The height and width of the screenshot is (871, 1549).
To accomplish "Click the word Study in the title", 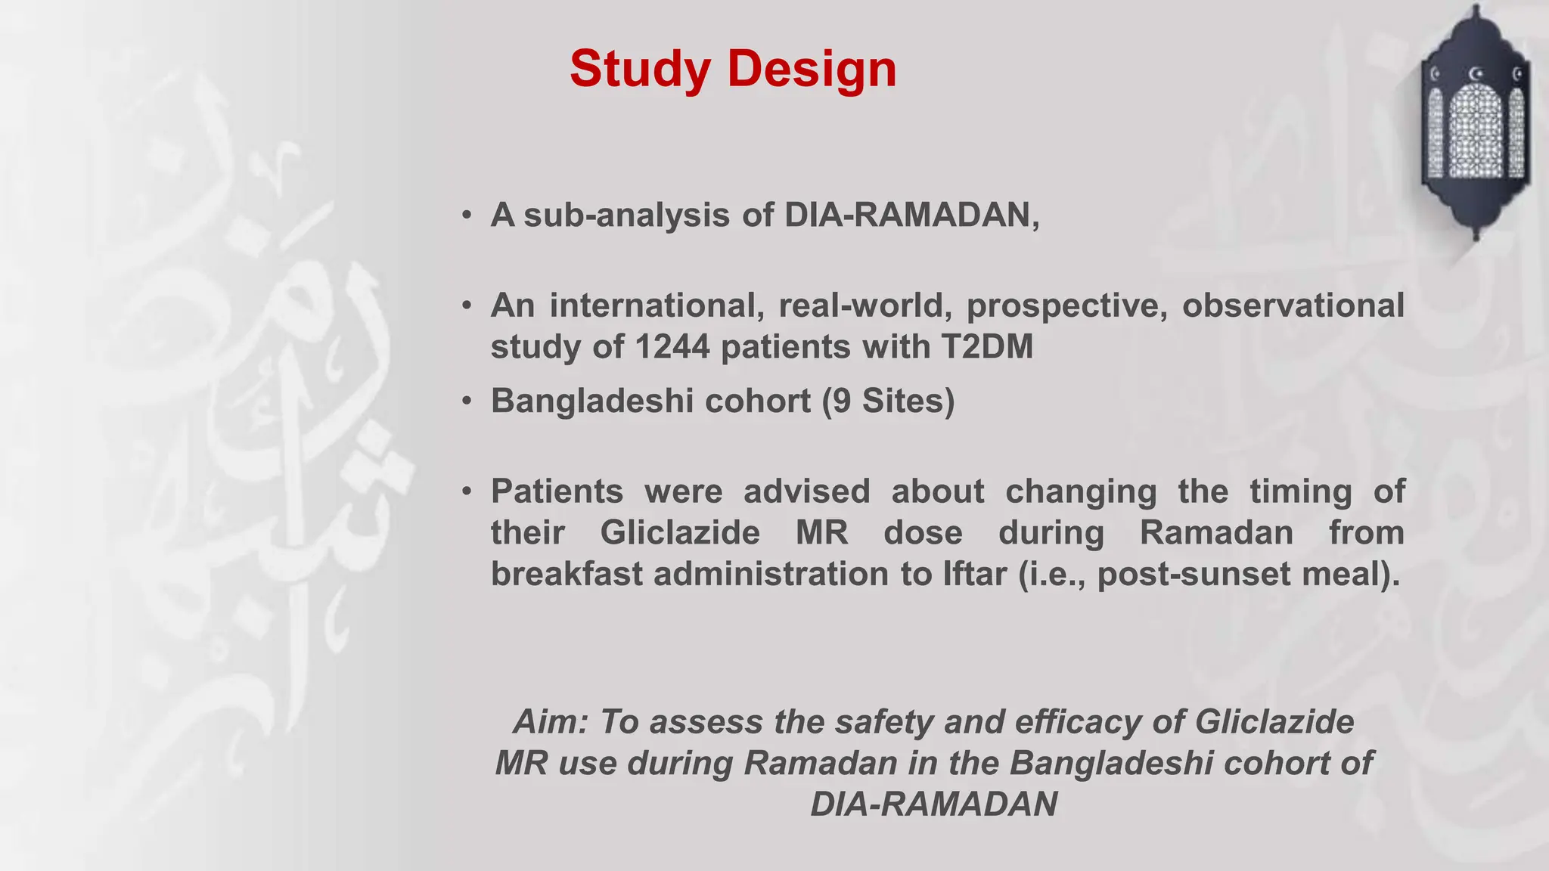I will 640,69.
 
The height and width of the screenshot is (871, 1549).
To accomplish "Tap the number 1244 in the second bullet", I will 672,347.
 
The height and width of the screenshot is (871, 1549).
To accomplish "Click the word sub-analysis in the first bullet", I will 627,215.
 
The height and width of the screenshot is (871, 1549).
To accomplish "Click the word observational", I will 1293,305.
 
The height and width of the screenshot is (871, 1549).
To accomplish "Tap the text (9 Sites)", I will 888,401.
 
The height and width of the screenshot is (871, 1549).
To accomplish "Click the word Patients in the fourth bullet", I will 557,491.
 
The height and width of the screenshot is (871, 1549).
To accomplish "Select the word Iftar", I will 975,574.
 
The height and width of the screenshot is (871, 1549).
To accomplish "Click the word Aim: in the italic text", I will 551,722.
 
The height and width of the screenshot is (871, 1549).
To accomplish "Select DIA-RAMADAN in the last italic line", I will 933,804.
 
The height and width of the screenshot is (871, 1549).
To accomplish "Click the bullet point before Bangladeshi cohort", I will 467,401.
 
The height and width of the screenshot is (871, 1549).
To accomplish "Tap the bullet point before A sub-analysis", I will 467,216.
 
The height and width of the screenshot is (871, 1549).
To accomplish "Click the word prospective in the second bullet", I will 1066,305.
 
